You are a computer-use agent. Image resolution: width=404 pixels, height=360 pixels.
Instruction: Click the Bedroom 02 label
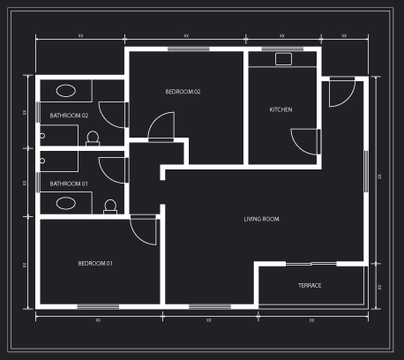(183, 92)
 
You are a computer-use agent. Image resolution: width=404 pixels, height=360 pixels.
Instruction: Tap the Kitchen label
(281, 109)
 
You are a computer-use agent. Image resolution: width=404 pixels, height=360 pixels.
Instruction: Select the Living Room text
(261, 219)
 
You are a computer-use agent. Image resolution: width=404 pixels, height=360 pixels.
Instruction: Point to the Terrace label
(310, 286)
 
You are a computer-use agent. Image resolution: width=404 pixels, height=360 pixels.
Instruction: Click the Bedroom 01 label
(95, 263)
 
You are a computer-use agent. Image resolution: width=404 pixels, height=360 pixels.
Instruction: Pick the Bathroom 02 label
(69, 116)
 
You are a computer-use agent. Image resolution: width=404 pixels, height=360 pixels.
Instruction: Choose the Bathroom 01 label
(69, 184)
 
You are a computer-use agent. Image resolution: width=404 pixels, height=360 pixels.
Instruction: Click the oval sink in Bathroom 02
(66, 91)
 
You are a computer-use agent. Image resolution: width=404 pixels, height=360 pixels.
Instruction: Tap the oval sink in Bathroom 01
(66, 203)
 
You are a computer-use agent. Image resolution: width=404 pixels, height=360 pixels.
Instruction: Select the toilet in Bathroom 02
(93, 139)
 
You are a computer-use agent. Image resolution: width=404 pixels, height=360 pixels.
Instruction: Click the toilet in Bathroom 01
(110, 206)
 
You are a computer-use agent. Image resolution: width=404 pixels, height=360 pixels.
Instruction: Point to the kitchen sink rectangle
(283, 59)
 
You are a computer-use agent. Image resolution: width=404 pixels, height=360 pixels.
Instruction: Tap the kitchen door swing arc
(297, 147)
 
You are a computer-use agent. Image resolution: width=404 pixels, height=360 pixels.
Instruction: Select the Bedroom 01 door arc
(138, 237)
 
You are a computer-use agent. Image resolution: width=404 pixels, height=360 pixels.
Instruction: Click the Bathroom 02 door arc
(106, 121)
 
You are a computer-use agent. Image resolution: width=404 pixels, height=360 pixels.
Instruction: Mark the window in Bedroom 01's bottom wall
(98, 307)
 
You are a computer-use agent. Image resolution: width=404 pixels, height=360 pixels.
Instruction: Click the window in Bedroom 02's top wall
(189, 49)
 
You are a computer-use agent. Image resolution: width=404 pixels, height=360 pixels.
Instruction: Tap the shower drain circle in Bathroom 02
(42, 136)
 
